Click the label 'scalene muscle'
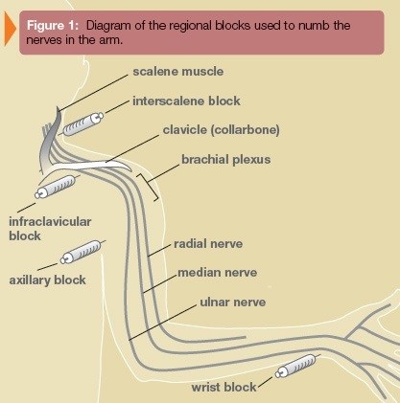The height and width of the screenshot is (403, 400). click(x=178, y=72)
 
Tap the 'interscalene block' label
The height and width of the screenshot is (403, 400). click(x=186, y=101)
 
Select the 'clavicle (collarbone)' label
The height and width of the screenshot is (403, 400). click(x=222, y=130)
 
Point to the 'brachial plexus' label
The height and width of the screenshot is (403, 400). click(x=226, y=160)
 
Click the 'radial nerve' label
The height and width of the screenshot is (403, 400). click(x=208, y=244)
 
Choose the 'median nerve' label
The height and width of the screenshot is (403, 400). click(x=218, y=273)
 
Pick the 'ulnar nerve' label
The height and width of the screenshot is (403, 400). click(x=233, y=302)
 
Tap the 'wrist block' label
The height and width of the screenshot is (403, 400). click(x=224, y=388)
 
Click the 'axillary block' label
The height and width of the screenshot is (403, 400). click(x=47, y=280)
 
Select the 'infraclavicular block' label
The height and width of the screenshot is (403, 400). click(x=50, y=229)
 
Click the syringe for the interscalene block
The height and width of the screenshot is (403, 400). click(x=82, y=123)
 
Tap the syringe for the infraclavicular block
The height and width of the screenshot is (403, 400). click(x=57, y=187)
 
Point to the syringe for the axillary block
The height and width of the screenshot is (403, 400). click(x=82, y=252)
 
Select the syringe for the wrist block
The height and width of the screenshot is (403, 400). click(x=296, y=366)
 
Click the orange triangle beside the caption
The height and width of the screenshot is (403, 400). click(x=10, y=30)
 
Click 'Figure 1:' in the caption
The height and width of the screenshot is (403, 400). click(x=53, y=26)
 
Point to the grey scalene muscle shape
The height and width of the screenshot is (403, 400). click(x=51, y=141)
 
